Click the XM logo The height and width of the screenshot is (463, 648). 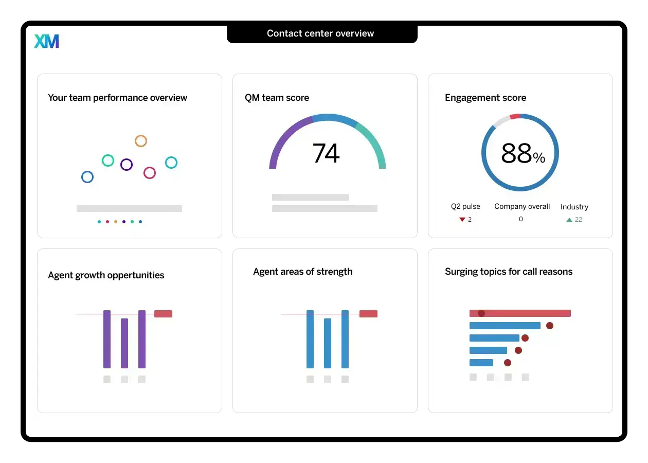tap(46, 41)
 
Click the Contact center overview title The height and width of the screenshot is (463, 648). tap(320, 33)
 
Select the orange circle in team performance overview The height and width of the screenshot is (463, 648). tap(140, 141)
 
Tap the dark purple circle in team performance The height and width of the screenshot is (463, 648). tap(127, 165)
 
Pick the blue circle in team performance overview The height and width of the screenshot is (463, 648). tap(87, 177)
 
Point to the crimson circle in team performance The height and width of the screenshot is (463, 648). tap(150, 173)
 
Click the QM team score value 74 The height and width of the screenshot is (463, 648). tap(326, 153)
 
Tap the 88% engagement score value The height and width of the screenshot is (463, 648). tap(522, 154)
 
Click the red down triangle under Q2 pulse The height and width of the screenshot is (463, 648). tap(462, 220)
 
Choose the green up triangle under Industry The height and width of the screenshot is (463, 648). tap(569, 220)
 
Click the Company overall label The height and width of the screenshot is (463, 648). tap(522, 206)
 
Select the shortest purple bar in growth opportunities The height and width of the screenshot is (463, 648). tap(124, 343)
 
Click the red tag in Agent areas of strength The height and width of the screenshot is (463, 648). tap(368, 314)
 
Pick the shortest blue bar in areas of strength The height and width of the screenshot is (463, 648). tap(328, 343)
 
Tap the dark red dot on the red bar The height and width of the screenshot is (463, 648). tap(481, 313)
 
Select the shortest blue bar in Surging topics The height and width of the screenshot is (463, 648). tap(481, 363)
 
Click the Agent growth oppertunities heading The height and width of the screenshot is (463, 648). tap(106, 275)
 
